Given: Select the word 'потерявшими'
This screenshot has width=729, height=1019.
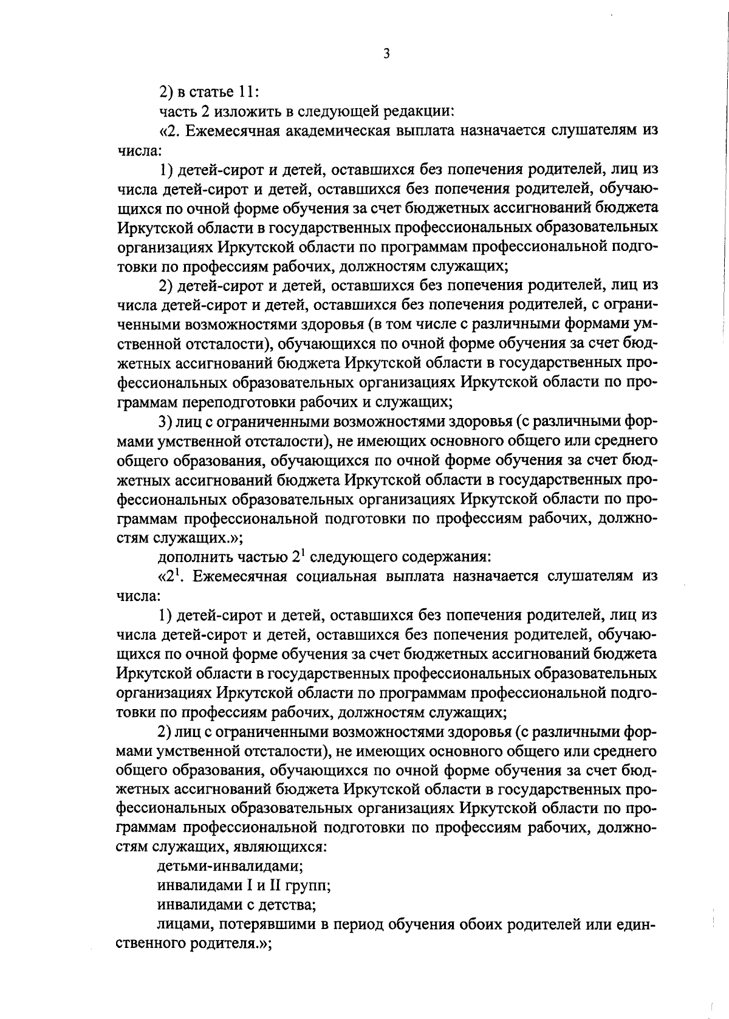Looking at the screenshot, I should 264,924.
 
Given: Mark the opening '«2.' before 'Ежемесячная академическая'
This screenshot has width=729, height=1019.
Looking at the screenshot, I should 170,130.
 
